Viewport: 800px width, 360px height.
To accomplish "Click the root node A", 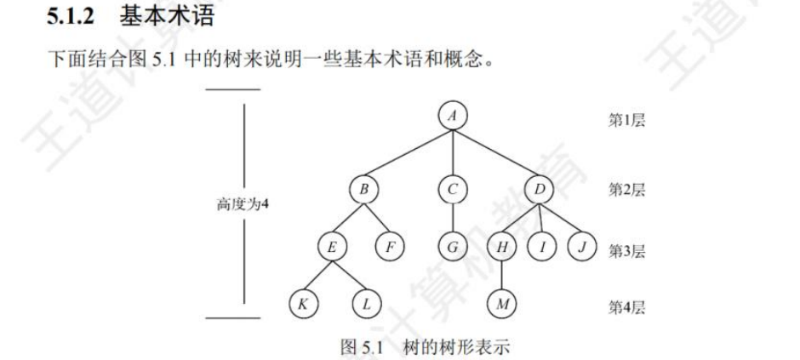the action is point(454,117).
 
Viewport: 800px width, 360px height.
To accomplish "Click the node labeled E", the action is point(331,248).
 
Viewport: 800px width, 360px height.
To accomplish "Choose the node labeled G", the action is point(454,248).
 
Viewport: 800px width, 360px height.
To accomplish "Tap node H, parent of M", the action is point(502,248).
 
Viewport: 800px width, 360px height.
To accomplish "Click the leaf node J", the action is point(582,248).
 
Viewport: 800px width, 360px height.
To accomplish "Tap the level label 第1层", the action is point(626,120).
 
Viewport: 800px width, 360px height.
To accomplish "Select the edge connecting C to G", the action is point(454,219).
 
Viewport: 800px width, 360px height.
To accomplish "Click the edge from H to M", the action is point(502,277).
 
